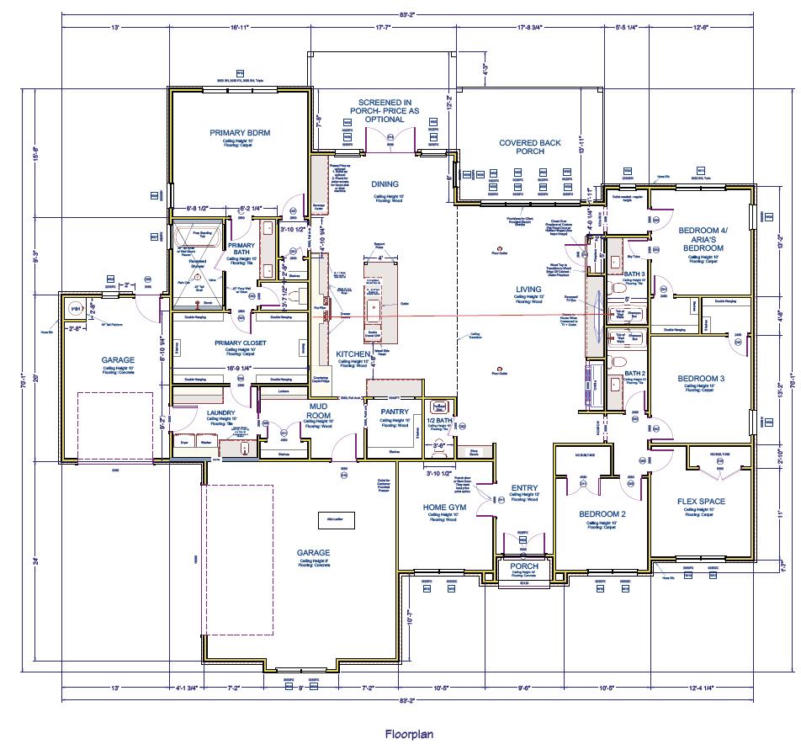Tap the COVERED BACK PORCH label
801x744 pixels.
[x=530, y=147]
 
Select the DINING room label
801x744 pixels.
[x=385, y=184]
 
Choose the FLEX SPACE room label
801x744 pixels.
[x=701, y=502]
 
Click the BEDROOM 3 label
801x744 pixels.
[x=701, y=379]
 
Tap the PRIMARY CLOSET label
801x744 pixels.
[x=240, y=343]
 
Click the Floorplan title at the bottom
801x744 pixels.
[x=409, y=733]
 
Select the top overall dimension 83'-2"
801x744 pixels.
[x=406, y=14]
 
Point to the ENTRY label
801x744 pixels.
[x=524, y=488]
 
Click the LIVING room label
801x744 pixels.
[x=528, y=289]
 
